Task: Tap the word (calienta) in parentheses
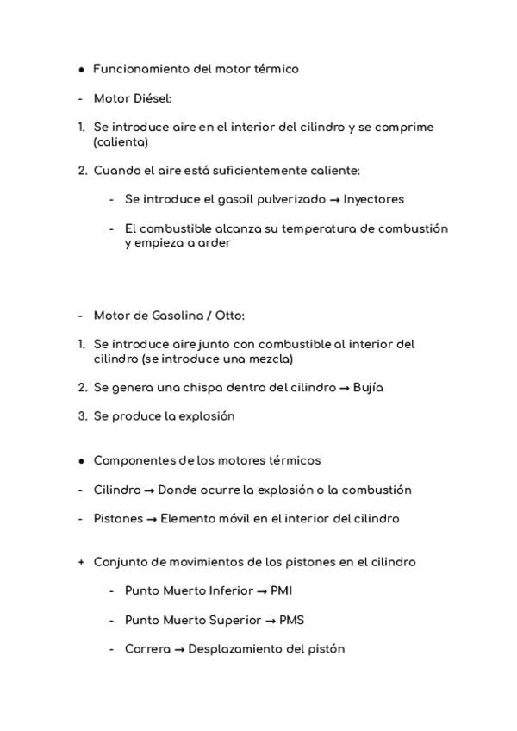pos(121,142)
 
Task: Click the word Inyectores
pos(373,199)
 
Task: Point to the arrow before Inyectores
pos(333,199)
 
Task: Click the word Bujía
pos(367,387)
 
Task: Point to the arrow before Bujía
pos(344,388)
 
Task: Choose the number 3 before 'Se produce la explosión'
pos(81,415)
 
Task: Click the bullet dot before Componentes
pos(81,461)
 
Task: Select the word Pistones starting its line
pos(118,519)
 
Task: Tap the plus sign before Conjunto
pos(81,562)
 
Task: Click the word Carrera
pos(147,649)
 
